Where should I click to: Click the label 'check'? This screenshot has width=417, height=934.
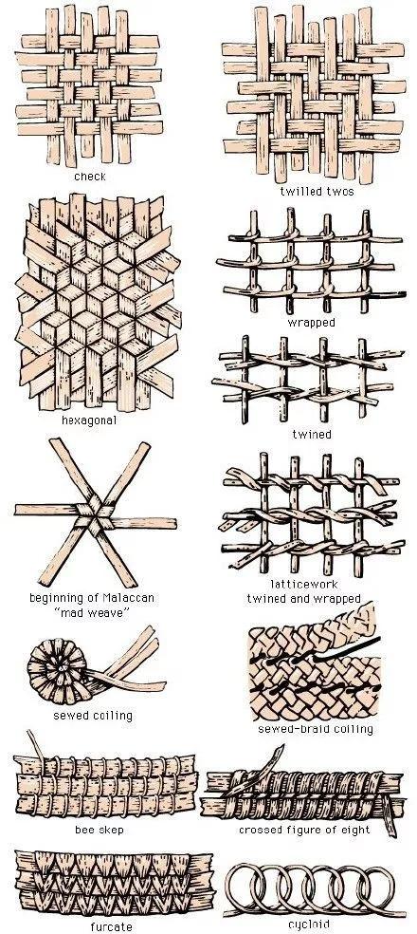click(90, 177)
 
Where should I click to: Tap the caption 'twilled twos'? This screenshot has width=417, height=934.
click(317, 191)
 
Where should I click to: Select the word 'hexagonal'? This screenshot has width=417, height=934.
click(89, 420)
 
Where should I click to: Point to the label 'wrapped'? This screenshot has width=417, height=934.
click(311, 323)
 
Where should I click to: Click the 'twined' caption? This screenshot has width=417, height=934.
click(311, 434)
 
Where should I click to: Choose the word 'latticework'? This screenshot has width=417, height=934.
click(304, 584)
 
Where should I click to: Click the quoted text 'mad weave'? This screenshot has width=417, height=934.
click(92, 612)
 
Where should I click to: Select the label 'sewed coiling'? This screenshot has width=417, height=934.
click(93, 715)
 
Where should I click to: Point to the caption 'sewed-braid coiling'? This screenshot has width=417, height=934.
click(316, 729)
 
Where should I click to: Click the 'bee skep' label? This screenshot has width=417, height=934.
click(100, 830)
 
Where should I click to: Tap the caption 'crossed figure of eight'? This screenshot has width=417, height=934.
click(304, 830)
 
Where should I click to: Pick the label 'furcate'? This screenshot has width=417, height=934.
click(111, 926)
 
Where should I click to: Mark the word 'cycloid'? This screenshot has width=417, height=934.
click(309, 924)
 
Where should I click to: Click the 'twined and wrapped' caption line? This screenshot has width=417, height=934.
click(304, 598)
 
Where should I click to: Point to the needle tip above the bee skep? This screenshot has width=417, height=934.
click(28, 732)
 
